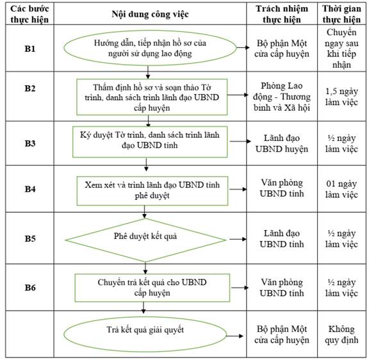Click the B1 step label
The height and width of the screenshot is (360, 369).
[x=30, y=49]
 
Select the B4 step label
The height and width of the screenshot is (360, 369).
[x=30, y=189]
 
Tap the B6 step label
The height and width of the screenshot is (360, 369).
[x=30, y=288]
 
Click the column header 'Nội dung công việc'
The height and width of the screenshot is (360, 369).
[x=150, y=14]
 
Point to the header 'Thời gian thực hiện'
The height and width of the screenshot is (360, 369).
[x=341, y=14]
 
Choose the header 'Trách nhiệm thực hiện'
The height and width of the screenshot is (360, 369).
[x=282, y=14]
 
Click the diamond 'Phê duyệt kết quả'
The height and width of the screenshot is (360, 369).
[x=145, y=240]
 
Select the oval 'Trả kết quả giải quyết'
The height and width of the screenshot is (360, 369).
[x=145, y=334]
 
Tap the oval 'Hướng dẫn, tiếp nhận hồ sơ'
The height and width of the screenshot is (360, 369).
[x=150, y=48]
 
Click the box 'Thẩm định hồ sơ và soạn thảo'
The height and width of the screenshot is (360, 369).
[x=152, y=97]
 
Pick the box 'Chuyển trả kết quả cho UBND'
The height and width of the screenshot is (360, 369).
[x=152, y=288]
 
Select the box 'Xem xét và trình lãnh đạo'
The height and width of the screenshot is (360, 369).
[x=152, y=191]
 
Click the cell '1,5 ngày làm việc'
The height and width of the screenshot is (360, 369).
[x=341, y=97]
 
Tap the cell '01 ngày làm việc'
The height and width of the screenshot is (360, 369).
[x=341, y=189]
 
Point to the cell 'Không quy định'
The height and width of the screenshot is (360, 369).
[x=341, y=334]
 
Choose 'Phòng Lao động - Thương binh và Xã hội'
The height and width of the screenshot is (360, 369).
[x=282, y=97]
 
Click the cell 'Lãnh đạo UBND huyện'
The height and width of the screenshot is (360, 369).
[x=282, y=143]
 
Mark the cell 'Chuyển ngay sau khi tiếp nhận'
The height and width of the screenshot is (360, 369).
[x=341, y=48]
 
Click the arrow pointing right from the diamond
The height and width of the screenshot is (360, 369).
[x=238, y=240]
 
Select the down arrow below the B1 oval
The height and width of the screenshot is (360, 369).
[x=148, y=72]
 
